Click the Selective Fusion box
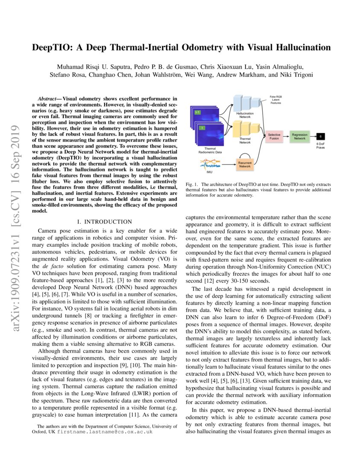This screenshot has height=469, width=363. pos(274,136)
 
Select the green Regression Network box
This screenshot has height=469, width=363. pos(299,136)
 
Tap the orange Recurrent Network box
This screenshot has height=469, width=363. pos(245,164)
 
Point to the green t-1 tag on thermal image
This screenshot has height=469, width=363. pos(197,112)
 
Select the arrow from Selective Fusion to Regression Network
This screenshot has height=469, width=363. pos(286,136)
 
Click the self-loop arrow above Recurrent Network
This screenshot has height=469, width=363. pos(245,155)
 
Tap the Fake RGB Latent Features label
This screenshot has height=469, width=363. pos(276,100)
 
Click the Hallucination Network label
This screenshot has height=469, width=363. pos(245,115)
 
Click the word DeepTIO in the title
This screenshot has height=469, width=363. pos(53,47)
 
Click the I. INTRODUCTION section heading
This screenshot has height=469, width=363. pos(104,222)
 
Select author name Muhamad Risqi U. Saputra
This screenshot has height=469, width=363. pos(89,67)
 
